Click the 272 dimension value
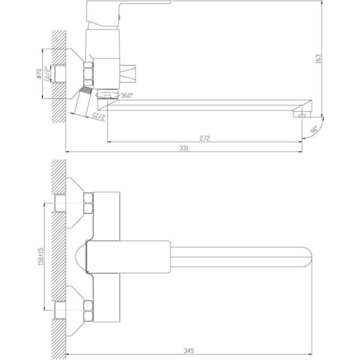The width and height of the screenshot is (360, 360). pyautogui.click(x=205, y=138)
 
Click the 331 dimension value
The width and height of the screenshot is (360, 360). pyautogui.click(x=184, y=148)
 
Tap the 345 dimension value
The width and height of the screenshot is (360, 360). pyautogui.click(x=189, y=350)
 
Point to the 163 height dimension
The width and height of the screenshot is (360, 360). pyautogui.click(x=318, y=59)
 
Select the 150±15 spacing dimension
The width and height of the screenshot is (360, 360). pyautogui.click(x=41, y=257)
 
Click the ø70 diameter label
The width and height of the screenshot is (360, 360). pyautogui.click(x=39, y=74)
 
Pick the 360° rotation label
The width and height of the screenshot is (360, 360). pyautogui.click(x=127, y=95)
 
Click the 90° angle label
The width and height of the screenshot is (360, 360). pyautogui.click(x=314, y=129)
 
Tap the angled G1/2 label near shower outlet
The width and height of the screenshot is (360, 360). pyautogui.click(x=99, y=117)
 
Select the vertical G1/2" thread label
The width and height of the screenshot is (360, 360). pyautogui.click(x=47, y=73)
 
